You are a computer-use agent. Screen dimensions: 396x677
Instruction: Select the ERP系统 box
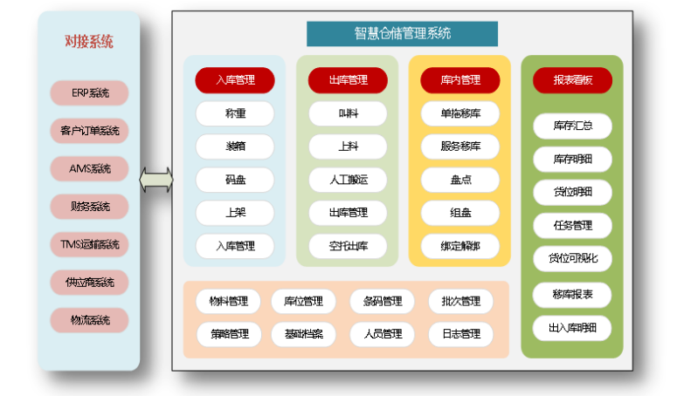point(89,93)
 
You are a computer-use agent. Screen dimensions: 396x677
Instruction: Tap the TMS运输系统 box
point(89,243)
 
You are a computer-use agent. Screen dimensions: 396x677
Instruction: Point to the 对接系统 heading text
point(89,41)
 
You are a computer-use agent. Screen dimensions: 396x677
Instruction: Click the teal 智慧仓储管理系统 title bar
point(402,34)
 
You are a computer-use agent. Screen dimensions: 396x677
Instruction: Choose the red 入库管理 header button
point(235,80)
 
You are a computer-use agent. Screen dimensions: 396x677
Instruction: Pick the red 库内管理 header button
point(460,80)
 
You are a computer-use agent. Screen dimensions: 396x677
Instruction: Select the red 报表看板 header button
point(572,80)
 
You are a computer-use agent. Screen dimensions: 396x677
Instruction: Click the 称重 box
point(235,113)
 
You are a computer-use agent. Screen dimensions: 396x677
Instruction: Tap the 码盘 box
point(235,180)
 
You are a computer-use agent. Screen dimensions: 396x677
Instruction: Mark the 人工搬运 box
point(348,180)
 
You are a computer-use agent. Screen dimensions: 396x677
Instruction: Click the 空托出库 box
point(348,246)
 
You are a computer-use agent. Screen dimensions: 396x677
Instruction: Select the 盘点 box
point(460,180)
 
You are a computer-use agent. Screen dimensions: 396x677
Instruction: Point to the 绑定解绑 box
point(460,246)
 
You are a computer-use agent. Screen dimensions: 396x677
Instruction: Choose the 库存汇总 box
point(572,126)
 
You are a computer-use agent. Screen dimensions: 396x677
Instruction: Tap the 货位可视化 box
point(572,258)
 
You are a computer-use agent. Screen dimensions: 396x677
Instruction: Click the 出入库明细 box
point(572,327)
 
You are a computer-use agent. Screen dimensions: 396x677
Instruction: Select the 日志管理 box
point(460,333)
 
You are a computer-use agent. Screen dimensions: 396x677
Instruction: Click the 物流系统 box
point(89,320)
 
